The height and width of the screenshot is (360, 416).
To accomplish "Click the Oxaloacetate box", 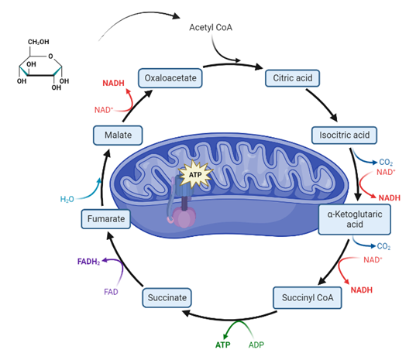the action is click(x=170, y=78).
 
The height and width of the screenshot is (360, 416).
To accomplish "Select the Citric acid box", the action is click(x=292, y=78).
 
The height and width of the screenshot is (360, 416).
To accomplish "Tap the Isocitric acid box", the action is click(x=344, y=135).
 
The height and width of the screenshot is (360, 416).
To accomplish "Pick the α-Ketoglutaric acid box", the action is click(x=355, y=219).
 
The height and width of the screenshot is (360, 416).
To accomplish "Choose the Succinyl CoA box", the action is click(x=308, y=298).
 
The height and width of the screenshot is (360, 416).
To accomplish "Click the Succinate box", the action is click(x=167, y=298).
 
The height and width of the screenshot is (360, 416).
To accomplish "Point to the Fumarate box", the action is click(x=106, y=219).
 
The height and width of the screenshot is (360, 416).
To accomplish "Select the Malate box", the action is click(x=118, y=135).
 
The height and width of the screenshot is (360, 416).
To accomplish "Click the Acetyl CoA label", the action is click(x=211, y=27).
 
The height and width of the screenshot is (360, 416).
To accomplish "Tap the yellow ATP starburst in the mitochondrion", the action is click(x=195, y=175).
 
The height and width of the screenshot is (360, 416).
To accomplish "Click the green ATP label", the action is click(x=222, y=345).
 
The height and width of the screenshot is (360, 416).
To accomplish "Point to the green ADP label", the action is click(x=256, y=345).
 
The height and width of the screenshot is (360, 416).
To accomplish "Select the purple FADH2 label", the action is click(x=88, y=262).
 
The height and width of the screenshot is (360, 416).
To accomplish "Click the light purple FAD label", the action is click(x=111, y=292).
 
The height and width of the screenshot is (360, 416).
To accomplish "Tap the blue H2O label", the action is click(x=67, y=199).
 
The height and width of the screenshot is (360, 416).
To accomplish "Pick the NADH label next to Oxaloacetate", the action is click(x=113, y=84).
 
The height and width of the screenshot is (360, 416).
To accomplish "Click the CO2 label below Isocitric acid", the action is click(x=386, y=163).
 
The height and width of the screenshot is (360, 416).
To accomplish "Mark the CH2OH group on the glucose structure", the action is click(x=39, y=42).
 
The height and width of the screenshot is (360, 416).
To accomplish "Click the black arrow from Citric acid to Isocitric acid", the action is click(x=321, y=105).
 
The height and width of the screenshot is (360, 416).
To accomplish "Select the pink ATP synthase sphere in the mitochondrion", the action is click(x=184, y=218).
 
